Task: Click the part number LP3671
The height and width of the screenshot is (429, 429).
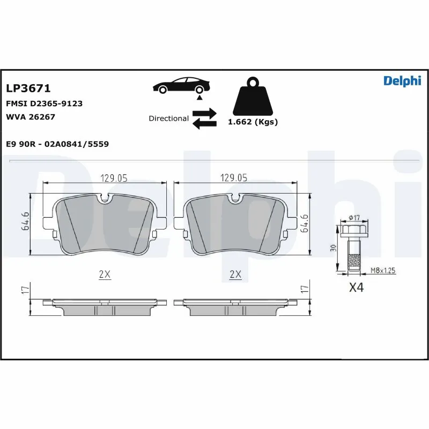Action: pos(28,88)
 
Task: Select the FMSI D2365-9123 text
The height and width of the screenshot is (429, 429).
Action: pos(44,103)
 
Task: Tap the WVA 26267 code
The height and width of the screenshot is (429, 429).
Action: pos(31,116)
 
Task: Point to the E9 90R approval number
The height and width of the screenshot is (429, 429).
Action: pos(57,144)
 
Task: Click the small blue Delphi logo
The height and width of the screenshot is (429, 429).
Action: pos(402,81)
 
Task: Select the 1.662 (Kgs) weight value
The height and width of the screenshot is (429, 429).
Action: pos(253,122)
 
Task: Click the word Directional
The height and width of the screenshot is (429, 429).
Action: pos(168,119)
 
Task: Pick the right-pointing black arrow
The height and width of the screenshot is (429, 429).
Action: pos(204,113)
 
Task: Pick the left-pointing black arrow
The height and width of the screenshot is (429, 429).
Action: pos(204,124)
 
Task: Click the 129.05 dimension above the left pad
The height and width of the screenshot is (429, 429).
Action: pos(114,178)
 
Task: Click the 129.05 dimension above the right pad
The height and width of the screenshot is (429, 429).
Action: pos(234,178)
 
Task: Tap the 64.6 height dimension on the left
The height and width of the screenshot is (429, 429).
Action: pos(25,221)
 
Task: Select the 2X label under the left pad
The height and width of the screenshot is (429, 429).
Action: pos(105,274)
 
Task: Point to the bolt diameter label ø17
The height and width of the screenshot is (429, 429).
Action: pos(354,217)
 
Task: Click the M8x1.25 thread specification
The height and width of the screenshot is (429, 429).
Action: pos(382,271)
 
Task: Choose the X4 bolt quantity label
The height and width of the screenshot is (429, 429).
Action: pos(356,287)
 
